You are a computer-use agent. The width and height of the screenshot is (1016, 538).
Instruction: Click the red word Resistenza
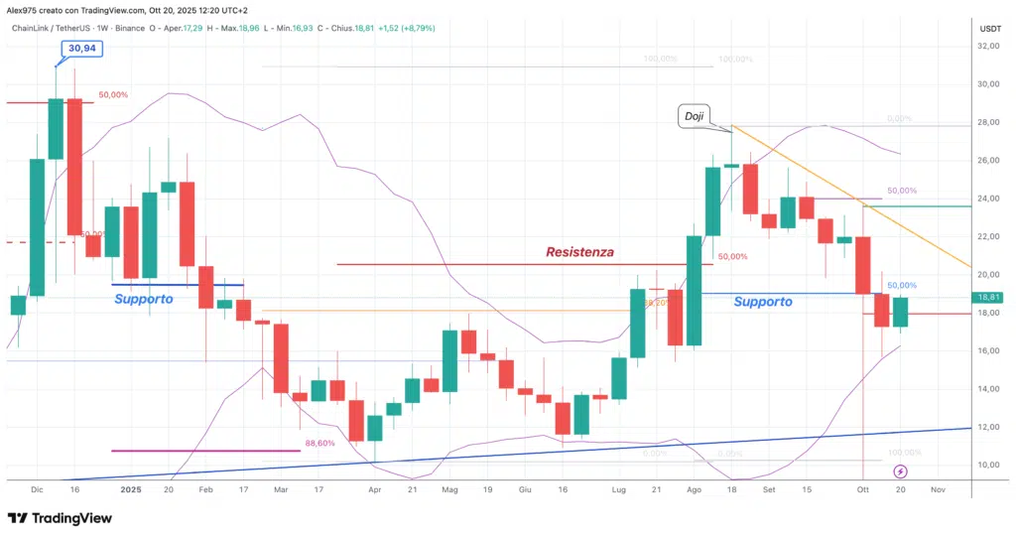[579, 252]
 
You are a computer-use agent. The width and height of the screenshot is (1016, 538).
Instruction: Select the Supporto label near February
[144, 299]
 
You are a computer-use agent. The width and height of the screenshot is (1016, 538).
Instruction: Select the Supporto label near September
[763, 302]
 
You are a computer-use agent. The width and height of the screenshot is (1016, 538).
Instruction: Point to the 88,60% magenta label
[319, 444]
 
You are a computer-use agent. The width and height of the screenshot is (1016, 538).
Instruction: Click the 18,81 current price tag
[992, 297]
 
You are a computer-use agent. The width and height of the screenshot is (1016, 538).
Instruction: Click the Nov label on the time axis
[938, 489]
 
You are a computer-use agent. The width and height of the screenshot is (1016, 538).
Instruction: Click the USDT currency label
[990, 29]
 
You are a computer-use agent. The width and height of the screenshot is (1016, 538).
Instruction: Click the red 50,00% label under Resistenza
[732, 256]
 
